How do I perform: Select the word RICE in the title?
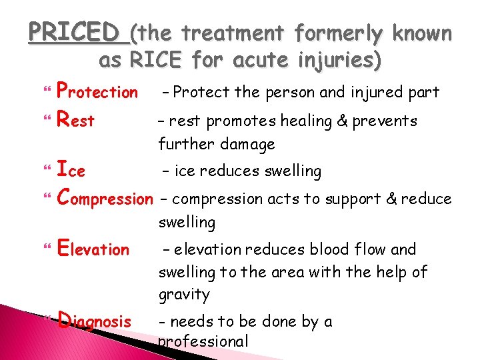point(155,61)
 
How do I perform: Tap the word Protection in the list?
point(97,91)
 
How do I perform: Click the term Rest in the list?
point(76,121)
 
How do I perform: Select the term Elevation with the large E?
point(93,249)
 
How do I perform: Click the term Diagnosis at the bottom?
point(95,321)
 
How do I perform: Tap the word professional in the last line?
point(203,342)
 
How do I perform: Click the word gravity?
point(184,295)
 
